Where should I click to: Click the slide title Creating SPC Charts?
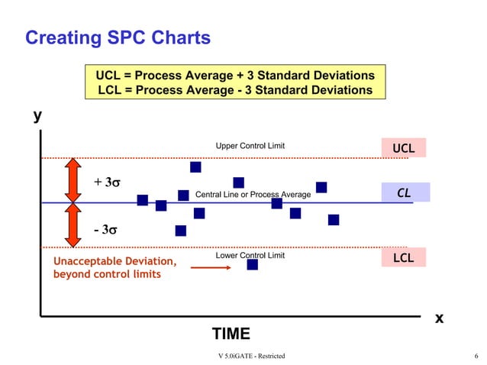118,37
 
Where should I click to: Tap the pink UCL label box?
403,147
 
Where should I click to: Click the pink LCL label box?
403,258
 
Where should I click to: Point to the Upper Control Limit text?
250,146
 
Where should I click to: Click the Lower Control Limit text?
250,256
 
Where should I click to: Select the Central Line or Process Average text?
253,195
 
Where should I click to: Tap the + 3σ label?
108,182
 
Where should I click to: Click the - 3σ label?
108,229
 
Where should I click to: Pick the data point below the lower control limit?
253,264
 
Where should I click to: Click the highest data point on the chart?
195,167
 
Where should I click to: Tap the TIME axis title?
231,334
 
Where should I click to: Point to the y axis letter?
37,116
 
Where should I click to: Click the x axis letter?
439,318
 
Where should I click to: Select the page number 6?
476,357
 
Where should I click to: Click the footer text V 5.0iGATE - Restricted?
251,357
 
